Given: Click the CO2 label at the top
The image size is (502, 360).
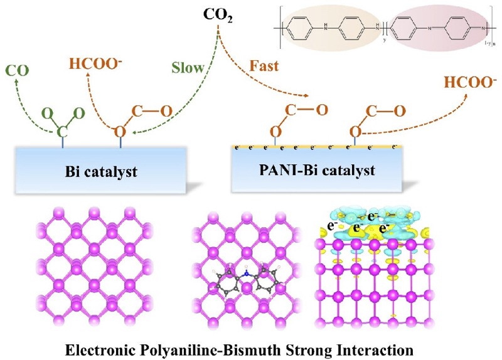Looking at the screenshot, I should coord(218,14).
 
